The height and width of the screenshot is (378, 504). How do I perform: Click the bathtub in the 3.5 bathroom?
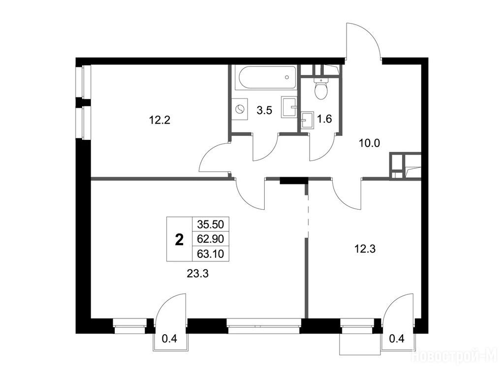(265, 77)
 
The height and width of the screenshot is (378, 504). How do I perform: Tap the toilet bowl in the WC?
(321, 89)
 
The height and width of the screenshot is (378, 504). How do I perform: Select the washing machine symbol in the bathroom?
(240, 110)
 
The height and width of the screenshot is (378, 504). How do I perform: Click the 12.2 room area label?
(159, 120)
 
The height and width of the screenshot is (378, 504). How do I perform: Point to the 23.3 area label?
(198, 274)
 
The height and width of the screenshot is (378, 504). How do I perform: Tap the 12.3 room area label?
(365, 249)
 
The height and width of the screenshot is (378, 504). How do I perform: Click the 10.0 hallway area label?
(369, 143)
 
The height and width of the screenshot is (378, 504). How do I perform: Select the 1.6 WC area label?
(324, 119)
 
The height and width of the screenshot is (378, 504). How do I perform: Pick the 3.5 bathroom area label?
(264, 111)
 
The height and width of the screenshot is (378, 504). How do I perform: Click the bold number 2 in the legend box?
(179, 240)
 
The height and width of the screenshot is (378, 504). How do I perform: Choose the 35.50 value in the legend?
(211, 224)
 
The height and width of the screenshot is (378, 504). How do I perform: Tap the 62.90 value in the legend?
(211, 239)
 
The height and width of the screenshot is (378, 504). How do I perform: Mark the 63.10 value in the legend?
(211, 254)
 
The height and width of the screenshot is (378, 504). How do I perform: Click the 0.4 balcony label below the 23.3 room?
(170, 339)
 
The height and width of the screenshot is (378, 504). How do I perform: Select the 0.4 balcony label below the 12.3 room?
(397, 339)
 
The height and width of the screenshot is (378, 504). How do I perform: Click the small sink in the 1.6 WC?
(307, 120)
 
